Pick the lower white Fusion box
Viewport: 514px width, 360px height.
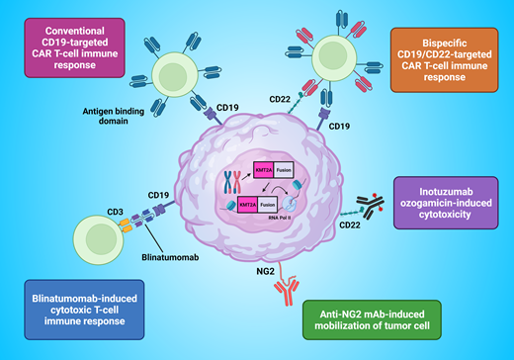click(286, 204)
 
